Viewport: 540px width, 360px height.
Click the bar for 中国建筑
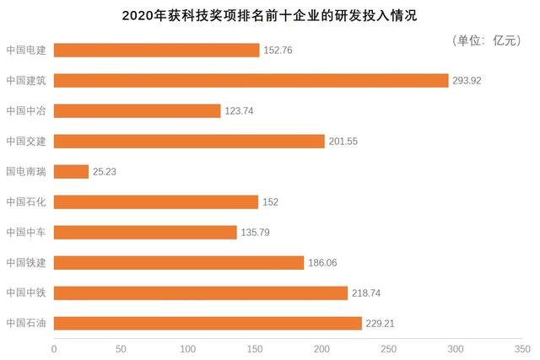pos(251,81)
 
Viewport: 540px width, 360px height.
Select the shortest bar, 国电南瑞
pos(71,172)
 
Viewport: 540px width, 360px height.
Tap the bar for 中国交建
pos(189,142)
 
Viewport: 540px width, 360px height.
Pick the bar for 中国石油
pos(208,324)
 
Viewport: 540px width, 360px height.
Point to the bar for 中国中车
pos(145,233)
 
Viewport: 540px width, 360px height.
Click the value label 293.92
pos(467,81)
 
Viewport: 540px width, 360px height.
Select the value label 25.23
pos(107,172)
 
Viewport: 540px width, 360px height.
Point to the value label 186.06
pos(323,263)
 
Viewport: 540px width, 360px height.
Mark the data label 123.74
pos(239,111)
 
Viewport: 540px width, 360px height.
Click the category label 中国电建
pos(26,51)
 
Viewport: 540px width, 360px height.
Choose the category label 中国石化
pos(26,202)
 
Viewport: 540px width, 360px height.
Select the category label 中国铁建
pos(26,263)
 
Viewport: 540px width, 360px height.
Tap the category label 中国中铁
pos(26,293)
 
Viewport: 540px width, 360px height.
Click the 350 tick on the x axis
pos(523,348)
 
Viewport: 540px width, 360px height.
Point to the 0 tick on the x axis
pos(54,348)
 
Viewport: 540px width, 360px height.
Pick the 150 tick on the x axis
pos(255,348)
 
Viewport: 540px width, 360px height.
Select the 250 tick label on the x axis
pos(389,348)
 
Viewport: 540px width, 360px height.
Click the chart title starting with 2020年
pos(269,16)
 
